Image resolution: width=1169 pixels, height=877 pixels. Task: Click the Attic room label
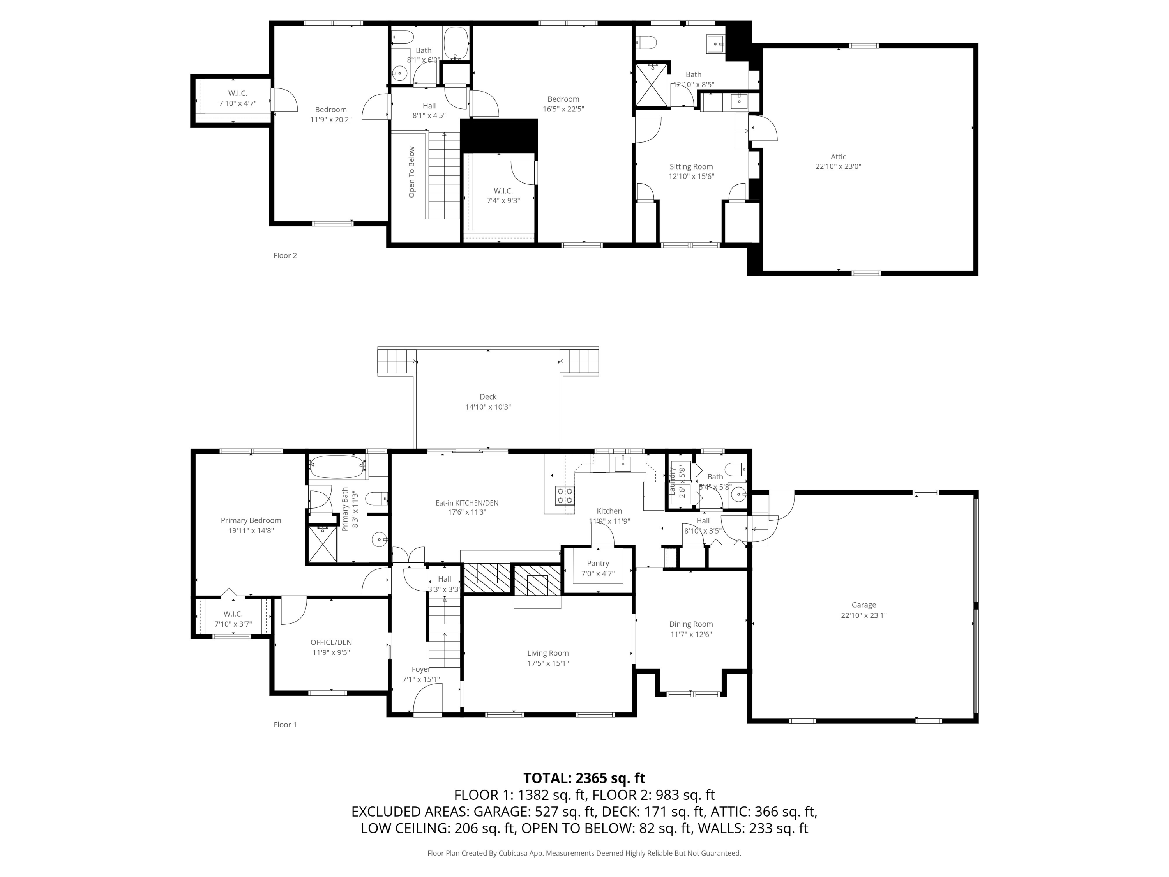[838, 156]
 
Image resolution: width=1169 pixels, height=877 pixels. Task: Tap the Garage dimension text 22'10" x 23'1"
[864, 615]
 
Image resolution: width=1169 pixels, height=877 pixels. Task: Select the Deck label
[488, 396]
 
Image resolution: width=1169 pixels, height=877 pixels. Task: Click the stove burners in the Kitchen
[564, 495]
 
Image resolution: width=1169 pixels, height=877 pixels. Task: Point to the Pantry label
[598, 564]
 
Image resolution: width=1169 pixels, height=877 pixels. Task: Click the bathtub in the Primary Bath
[337, 467]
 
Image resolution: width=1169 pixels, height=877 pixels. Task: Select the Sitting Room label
[691, 166]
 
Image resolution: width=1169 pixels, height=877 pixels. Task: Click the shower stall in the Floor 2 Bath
[652, 85]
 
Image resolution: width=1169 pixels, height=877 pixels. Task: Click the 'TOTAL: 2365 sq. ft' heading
[584, 778]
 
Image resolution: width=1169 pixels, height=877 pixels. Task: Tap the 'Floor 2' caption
[285, 255]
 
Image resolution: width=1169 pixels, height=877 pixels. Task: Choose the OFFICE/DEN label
[331, 642]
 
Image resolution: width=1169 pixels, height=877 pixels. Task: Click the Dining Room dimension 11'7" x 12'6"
[691, 634]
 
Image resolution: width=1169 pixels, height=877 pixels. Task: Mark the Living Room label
[547, 653]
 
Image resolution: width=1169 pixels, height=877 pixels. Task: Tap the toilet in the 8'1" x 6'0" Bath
[404, 37]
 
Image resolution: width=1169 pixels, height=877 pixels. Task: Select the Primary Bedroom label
[251, 520]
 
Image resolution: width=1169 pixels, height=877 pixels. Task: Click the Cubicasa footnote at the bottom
[584, 853]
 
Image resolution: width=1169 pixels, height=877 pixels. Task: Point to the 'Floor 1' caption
[285, 725]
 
